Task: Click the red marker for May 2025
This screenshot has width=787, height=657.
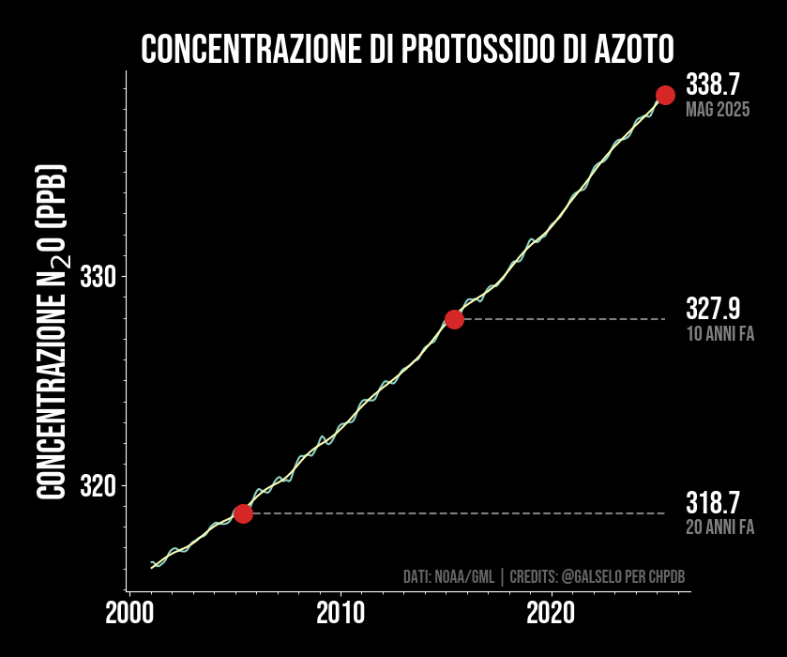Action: pyautogui.click(x=665, y=95)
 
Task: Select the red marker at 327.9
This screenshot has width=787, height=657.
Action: pyautogui.click(x=454, y=319)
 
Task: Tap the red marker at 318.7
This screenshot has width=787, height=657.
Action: pyautogui.click(x=243, y=513)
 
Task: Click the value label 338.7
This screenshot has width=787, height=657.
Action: pyautogui.click(x=713, y=84)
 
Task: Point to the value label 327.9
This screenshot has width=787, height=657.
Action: pyautogui.click(x=713, y=308)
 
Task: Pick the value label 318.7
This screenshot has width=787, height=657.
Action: pyautogui.click(x=713, y=502)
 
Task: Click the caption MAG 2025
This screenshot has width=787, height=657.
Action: pyautogui.click(x=718, y=110)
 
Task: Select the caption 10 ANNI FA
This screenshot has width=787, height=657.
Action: pyautogui.click(x=720, y=333)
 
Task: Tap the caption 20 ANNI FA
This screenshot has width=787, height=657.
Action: pyautogui.click(x=720, y=527)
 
